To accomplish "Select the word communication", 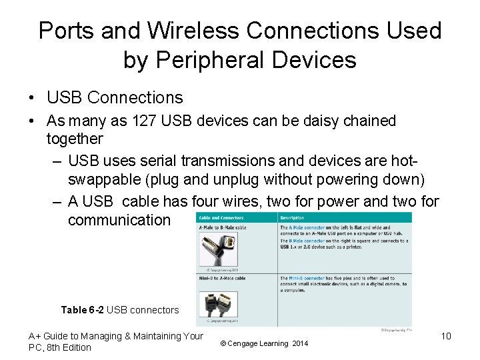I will coord(119,219).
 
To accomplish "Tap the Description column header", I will coord(292,218).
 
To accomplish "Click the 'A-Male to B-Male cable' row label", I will coord(223,227).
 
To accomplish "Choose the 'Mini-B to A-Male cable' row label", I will coord(223,277).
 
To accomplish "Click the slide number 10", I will coord(446,336).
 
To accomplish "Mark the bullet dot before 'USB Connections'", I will coord(32,98).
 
